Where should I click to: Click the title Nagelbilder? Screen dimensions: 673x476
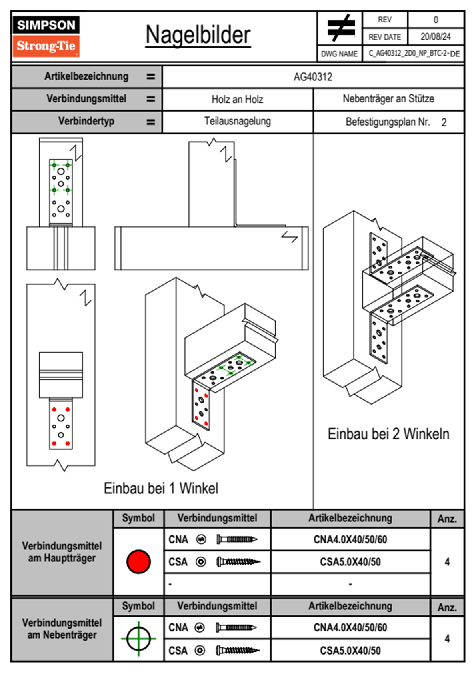coord(198,35)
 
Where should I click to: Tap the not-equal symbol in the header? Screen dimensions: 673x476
coord(340,28)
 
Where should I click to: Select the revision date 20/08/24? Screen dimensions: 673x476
coord(435,37)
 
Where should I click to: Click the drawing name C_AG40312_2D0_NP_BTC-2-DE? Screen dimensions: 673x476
coord(414,54)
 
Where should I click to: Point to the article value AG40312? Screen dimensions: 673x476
coord(313,77)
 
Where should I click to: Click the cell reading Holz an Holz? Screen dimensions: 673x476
coord(237,99)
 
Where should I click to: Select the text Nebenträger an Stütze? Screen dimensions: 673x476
coord(388,99)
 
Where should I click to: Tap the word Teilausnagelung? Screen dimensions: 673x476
coord(237,121)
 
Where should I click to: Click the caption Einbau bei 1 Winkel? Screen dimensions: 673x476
coord(161,488)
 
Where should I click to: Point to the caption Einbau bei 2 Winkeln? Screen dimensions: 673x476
coord(388,434)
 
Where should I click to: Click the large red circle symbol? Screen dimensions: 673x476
coord(138,561)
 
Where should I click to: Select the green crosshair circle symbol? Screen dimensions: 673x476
coord(138,639)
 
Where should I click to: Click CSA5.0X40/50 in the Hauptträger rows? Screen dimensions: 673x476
coord(350,562)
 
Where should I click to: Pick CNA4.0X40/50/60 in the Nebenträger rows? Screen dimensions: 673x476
coord(350,627)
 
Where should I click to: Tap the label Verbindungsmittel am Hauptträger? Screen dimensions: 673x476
coord(62,552)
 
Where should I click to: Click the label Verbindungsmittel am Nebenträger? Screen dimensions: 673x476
coord(62,629)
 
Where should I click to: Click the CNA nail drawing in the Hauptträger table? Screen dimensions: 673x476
coord(237,539)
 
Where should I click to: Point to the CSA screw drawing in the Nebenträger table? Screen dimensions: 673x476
coord(237,651)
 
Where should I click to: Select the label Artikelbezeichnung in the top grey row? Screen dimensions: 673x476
coord(86,76)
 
